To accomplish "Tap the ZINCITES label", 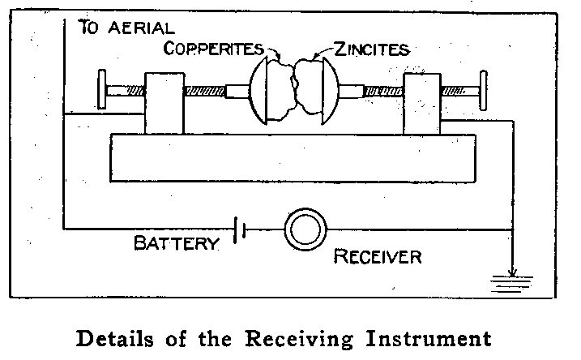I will (374, 49).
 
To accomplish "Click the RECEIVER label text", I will (378, 258).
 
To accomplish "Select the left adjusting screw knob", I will (102, 90).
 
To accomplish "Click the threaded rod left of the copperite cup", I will (206, 90).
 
